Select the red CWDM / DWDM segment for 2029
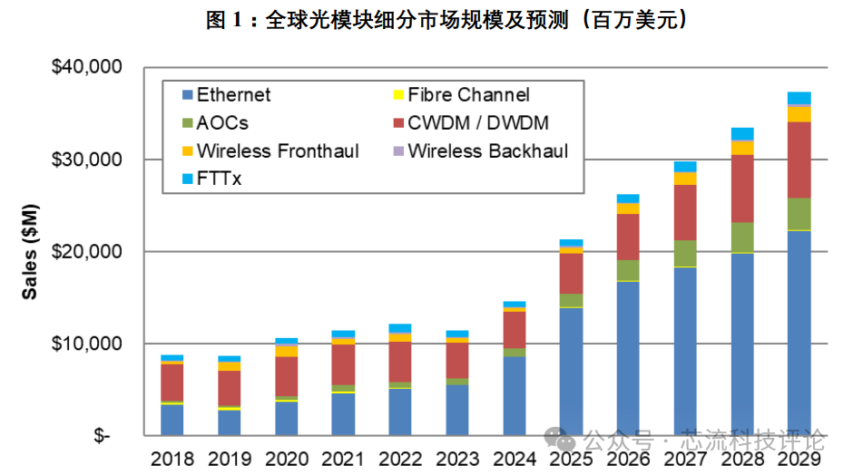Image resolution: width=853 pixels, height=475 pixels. [799, 160]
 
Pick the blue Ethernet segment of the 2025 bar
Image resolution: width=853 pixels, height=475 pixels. [571, 372]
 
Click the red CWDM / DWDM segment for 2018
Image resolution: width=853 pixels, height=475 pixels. [172, 382]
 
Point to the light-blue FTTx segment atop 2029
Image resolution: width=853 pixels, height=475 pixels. [799, 98]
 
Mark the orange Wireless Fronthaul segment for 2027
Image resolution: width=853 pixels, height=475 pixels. [685, 178]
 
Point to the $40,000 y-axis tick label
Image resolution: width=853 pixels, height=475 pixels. [89, 67]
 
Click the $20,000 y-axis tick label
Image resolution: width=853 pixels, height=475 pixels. [89, 251]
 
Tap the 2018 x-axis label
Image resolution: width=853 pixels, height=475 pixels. [172, 458]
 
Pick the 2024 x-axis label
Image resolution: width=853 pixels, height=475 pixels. [514, 458]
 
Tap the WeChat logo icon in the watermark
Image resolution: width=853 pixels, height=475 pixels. [564, 441]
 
